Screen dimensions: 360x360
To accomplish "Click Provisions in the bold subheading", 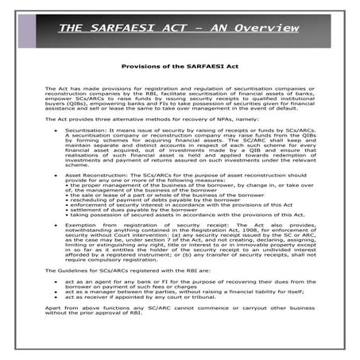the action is coord(136,68).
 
